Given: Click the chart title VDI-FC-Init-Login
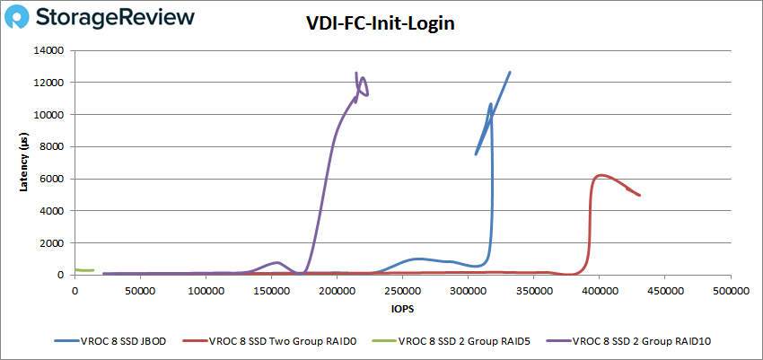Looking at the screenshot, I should click(x=381, y=24).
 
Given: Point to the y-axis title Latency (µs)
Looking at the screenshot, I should click(x=26, y=162).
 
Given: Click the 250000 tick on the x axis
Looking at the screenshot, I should click(x=402, y=292).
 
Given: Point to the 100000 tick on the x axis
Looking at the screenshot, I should click(x=206, y=292).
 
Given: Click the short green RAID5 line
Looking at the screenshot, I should click(x=84, y=269).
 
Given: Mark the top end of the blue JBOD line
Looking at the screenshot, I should click(x=510, y=73).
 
